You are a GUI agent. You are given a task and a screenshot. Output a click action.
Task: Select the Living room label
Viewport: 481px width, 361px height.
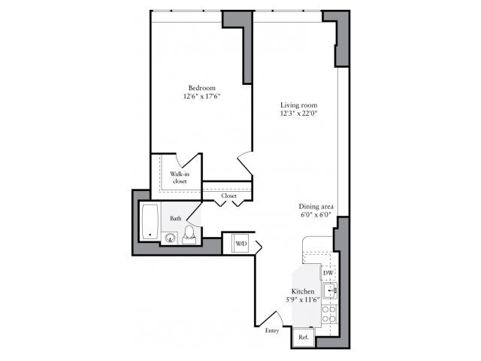(296, 105)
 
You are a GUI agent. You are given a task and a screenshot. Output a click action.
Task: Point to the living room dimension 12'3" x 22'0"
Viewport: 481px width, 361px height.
(296, 114)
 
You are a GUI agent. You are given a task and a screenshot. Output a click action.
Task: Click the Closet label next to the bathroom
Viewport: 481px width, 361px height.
(229, 196)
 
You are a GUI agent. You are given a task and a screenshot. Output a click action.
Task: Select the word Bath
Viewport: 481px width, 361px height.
(175, 218)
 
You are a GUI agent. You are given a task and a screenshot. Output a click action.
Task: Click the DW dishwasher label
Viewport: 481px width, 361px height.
(328, 272)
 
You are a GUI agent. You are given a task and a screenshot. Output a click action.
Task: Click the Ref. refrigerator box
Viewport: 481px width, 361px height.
(303, 338)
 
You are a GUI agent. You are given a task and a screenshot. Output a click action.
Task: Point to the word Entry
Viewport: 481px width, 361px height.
(273, 329)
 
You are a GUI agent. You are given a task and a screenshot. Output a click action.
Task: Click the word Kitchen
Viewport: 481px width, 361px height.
(303, 290)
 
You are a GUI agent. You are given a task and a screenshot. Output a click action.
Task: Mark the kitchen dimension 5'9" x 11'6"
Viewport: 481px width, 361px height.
(303, 299)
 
